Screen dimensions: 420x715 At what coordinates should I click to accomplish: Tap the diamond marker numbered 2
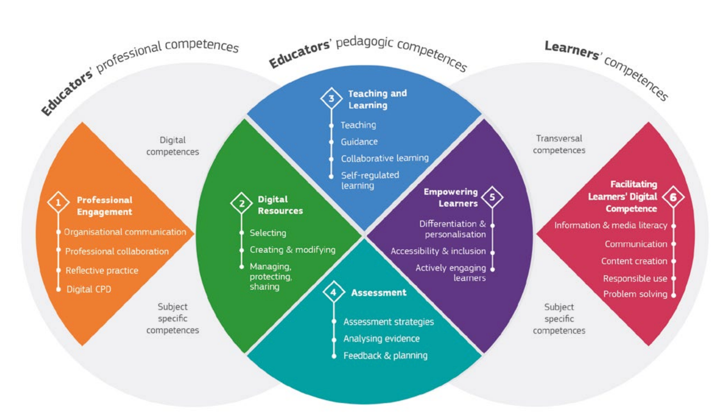241,203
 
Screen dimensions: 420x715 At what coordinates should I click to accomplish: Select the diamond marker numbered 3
331,98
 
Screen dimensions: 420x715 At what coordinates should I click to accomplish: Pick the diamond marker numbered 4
334,292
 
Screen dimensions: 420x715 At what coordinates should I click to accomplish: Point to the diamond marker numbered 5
492,197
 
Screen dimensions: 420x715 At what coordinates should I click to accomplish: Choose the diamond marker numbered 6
673,197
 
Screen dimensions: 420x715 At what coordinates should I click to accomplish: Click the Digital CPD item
89,289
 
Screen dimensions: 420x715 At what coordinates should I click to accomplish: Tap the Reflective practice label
102,270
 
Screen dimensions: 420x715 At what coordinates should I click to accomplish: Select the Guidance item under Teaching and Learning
359,142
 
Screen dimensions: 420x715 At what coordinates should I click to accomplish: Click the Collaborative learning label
385,158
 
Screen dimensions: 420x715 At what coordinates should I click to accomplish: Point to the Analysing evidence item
381,338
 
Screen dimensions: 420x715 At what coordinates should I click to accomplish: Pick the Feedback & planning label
385,356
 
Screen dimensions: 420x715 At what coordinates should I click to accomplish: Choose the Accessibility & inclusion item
438,251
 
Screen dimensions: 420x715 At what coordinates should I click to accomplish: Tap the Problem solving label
635,294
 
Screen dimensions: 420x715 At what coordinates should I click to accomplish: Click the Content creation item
634,261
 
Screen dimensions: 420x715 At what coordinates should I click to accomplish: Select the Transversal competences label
559,144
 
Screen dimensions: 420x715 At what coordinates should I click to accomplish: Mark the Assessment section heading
379,293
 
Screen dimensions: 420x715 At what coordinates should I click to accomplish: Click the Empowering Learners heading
451,198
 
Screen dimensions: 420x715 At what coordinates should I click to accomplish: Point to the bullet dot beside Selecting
242,233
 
